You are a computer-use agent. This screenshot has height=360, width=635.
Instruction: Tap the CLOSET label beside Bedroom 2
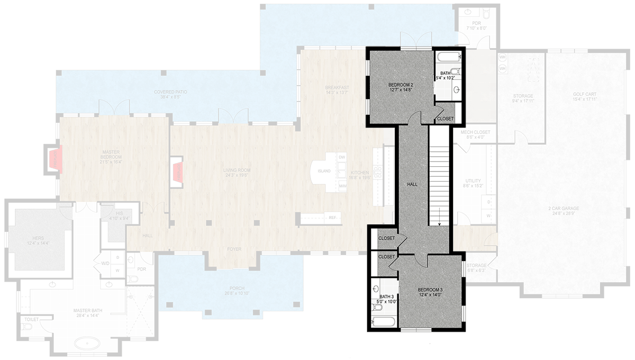[x=445, y=119]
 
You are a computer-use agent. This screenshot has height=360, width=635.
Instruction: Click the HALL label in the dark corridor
[x=412, y=184]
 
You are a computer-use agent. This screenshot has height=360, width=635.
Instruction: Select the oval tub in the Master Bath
[x=85, y=344]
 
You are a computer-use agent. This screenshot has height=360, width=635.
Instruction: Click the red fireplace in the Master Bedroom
[x=54, y=159]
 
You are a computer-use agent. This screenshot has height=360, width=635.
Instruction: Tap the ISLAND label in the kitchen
[x=324, y=171]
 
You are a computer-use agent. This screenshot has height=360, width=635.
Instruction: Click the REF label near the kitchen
[x=332, y=218]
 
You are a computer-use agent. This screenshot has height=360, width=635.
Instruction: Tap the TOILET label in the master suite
[x=30, y=319]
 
